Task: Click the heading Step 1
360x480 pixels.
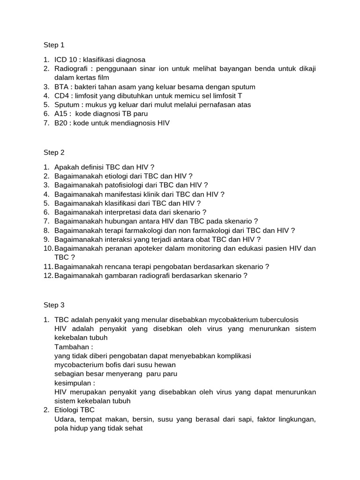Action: pos(54,45)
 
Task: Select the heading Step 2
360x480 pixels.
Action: pos(54,152)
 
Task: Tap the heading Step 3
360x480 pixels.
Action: pos(54,305)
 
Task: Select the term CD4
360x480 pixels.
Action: pos(62,96)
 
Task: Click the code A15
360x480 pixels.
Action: pos(61,113)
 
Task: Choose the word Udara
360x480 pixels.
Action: pos(64,419)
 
